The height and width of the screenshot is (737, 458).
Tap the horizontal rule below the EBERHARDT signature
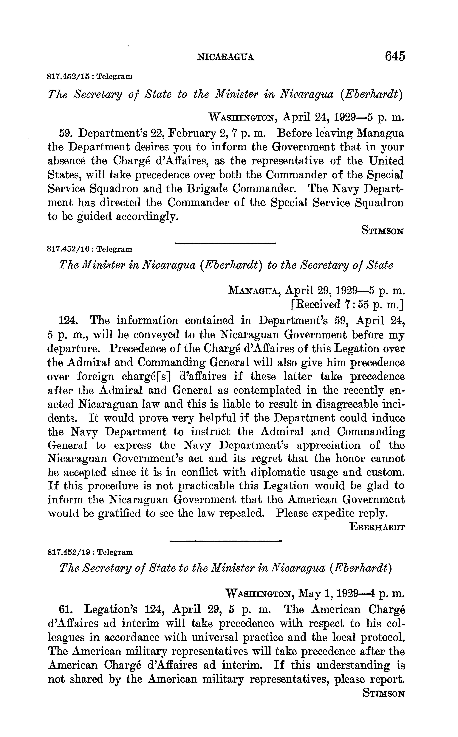226,541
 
